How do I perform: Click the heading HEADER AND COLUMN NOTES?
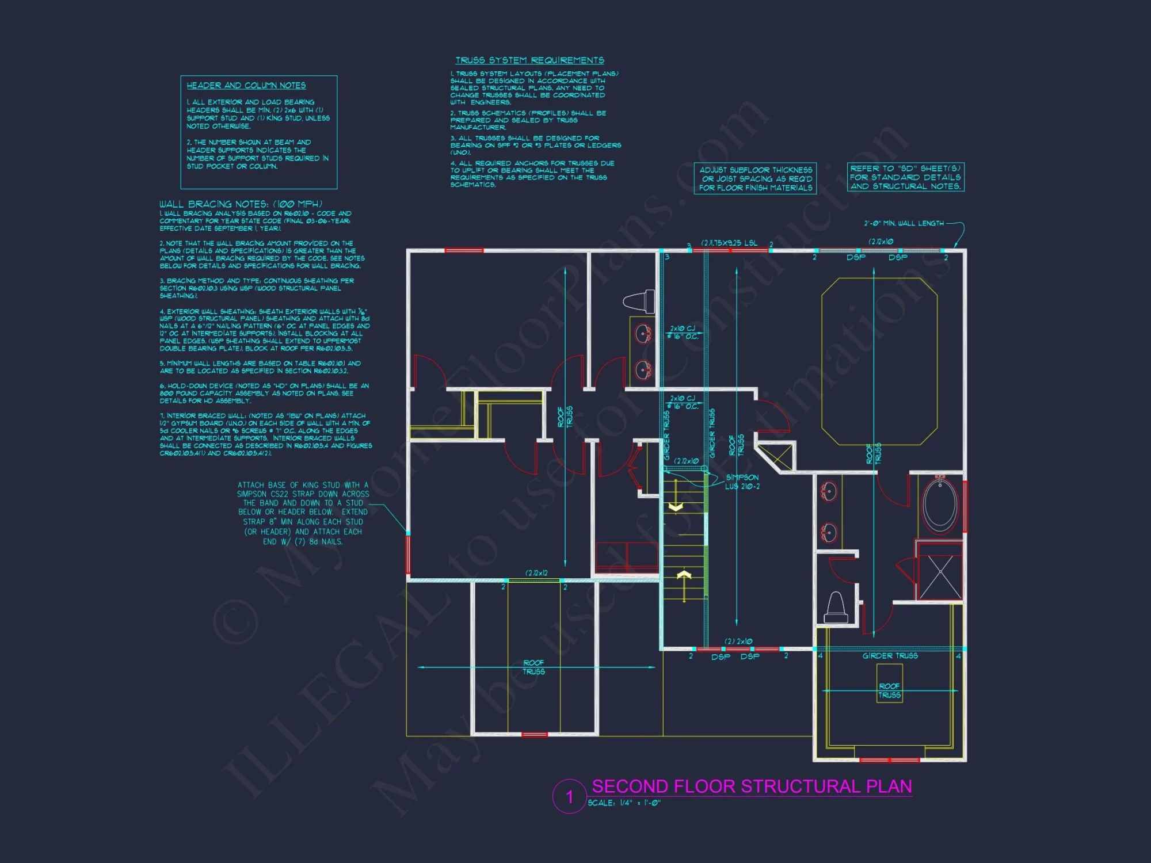point(246,86)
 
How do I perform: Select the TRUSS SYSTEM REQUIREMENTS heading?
point(529,60)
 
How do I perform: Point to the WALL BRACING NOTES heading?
point(241,204)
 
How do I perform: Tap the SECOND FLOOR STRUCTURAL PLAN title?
point(752,786)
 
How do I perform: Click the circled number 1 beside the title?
point(569,797)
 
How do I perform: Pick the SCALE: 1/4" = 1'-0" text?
point(624,803)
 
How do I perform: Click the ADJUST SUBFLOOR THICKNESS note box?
point(755,178)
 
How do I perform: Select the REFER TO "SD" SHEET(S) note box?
point(905,177)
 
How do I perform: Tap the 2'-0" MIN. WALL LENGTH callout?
point(904,223)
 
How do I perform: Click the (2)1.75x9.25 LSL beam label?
point(729,243)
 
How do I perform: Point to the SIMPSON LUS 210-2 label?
point(742,482)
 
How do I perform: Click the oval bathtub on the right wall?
point(940,506)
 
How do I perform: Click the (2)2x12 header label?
point(536,573)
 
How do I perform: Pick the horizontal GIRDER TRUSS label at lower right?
point(890,656)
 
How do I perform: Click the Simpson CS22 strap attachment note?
point(303,513)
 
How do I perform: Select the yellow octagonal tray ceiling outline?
point(879,361)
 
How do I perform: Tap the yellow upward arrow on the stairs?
point(684,576)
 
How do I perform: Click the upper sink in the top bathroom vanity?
point(643,333)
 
